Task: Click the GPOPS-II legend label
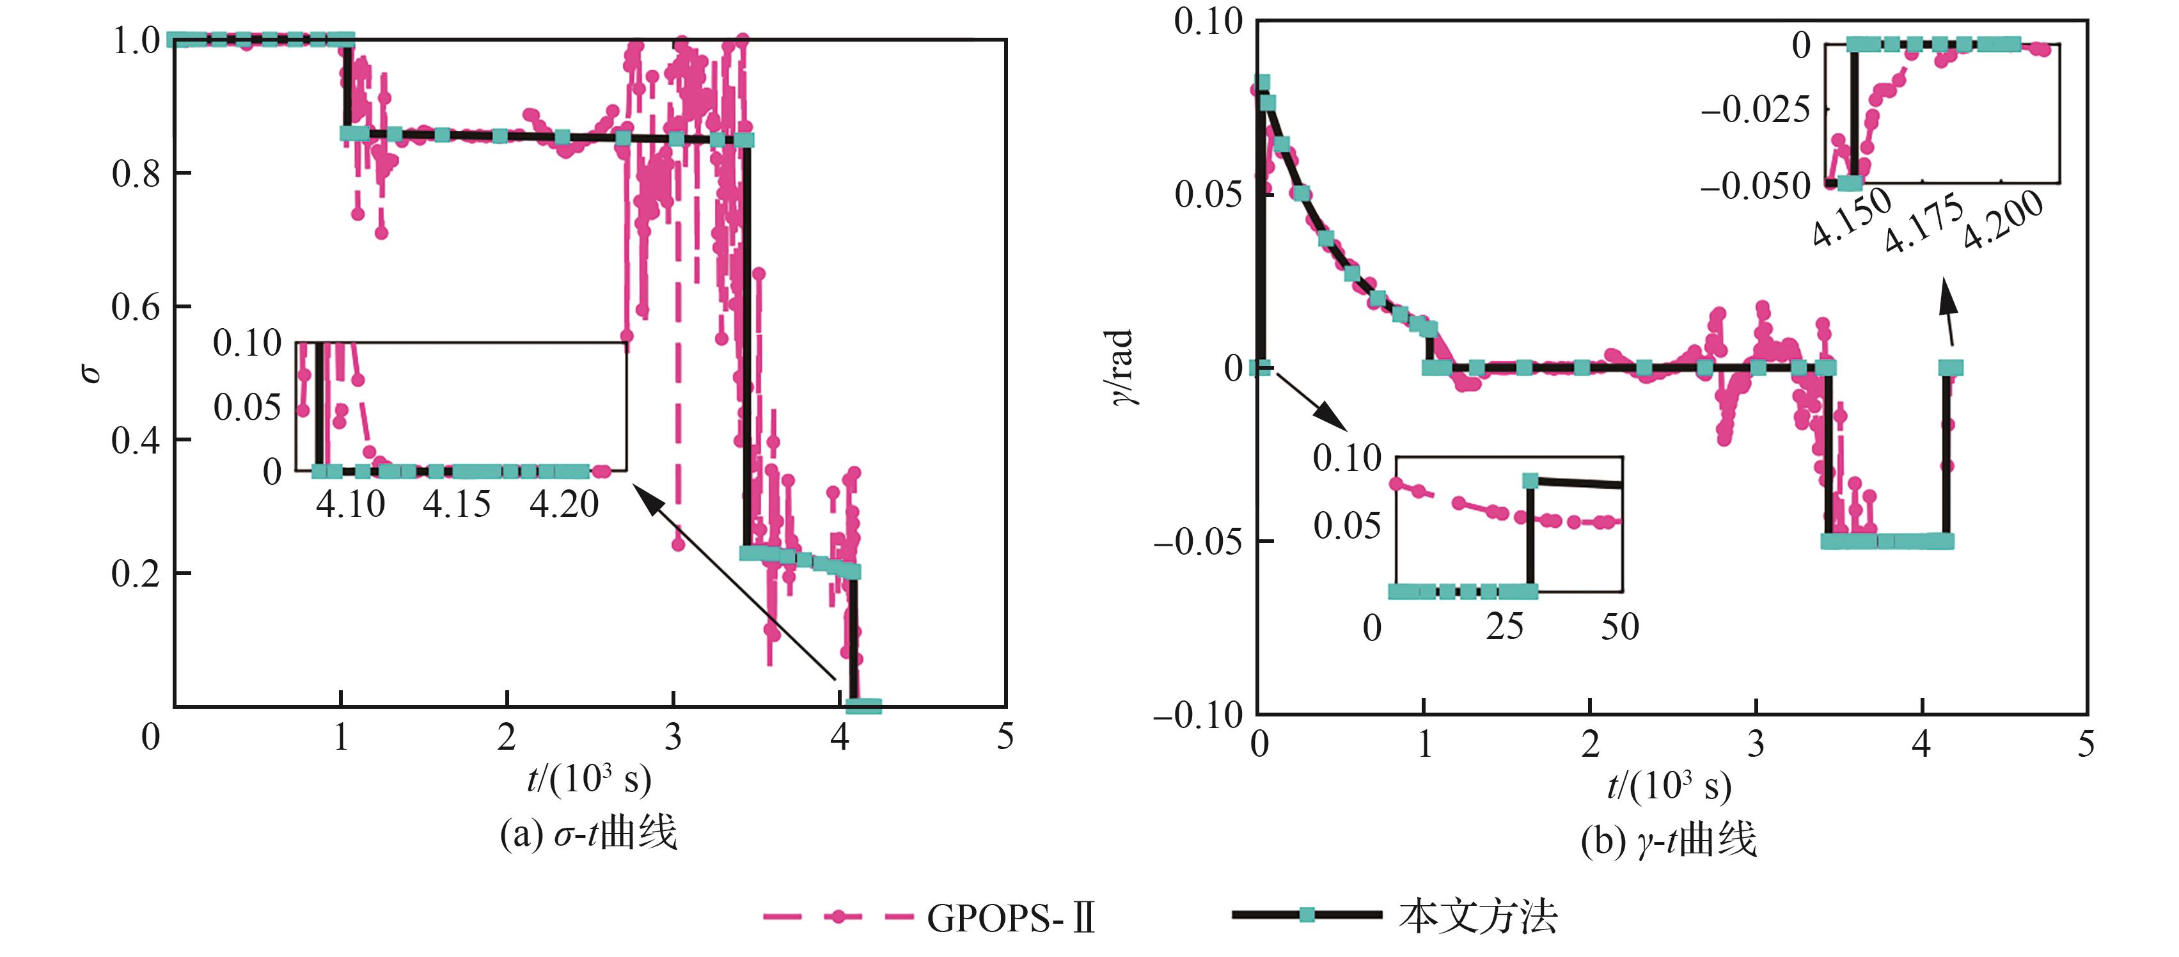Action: [1011, 918]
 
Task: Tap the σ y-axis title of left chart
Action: [91, 372]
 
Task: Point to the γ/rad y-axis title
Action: [1121, 367]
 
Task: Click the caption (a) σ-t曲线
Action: [589, 834]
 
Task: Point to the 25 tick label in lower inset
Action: [1505, 627]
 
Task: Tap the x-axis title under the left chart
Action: [589, 779]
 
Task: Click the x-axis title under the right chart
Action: [1668, 785]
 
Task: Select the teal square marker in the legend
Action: [1307, 915]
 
